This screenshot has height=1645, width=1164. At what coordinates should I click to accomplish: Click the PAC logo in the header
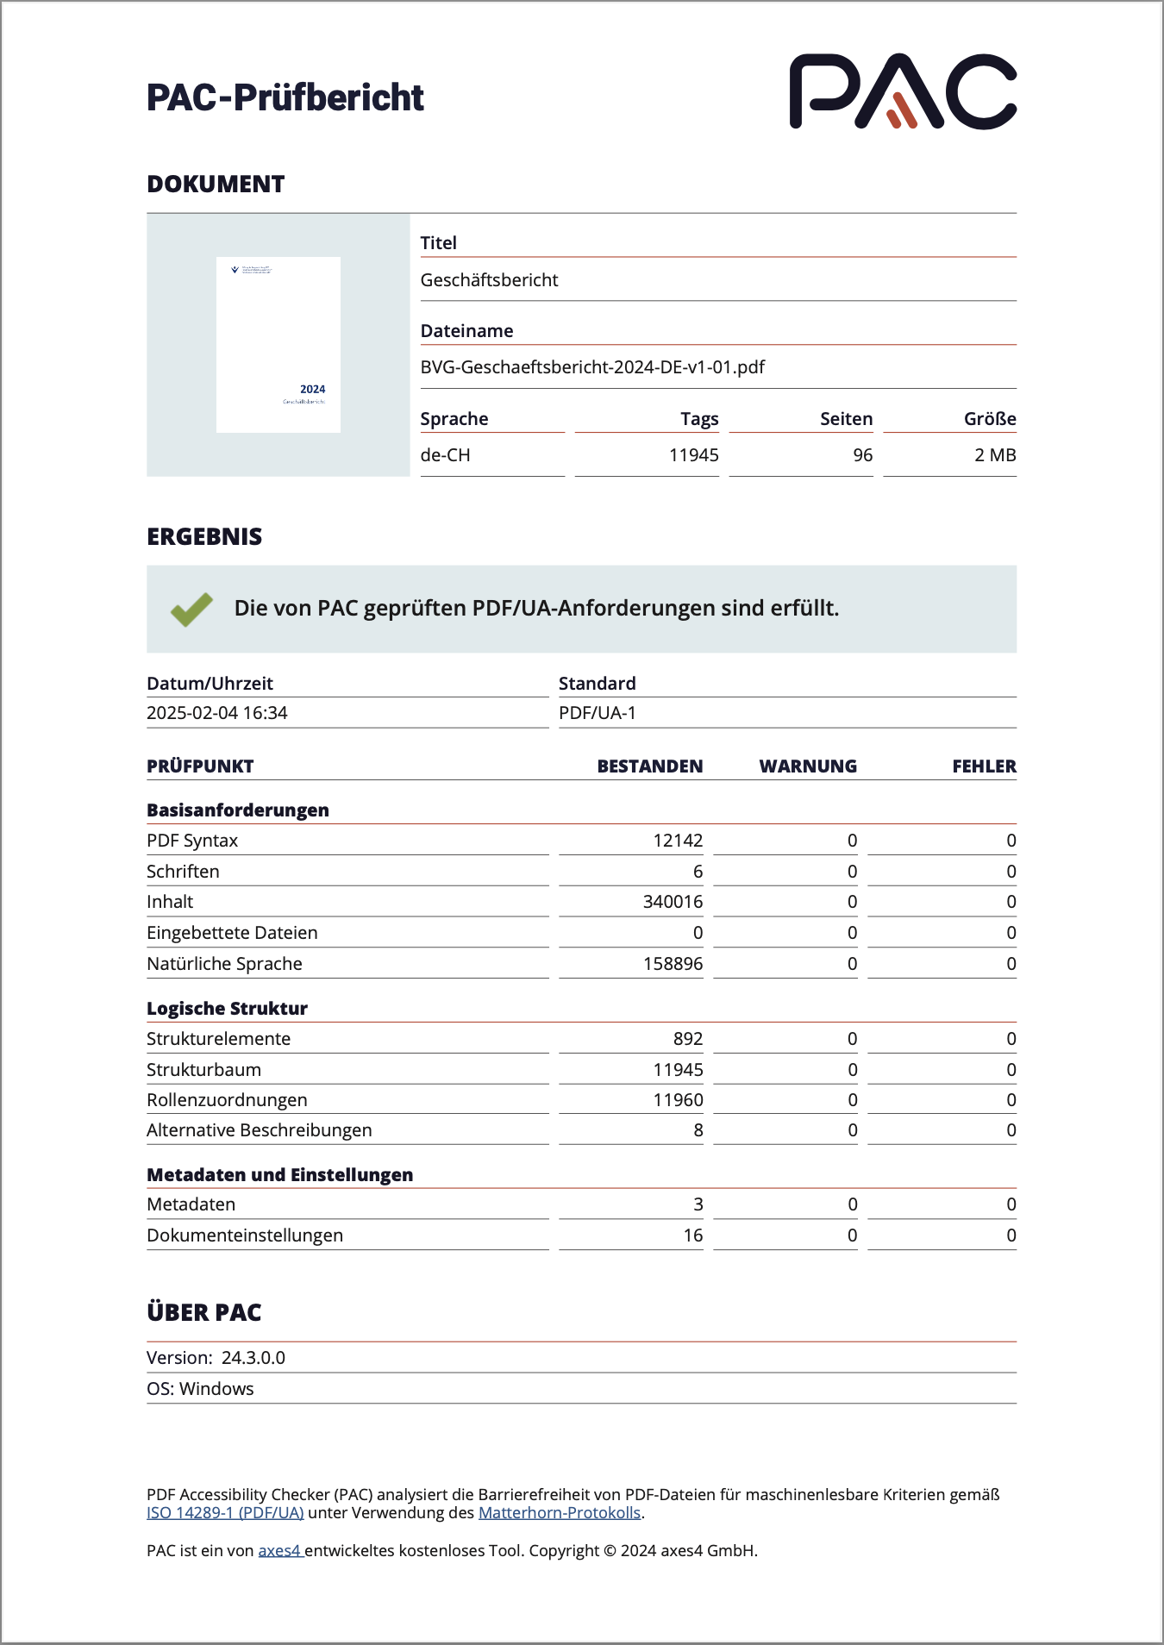pos(903,91)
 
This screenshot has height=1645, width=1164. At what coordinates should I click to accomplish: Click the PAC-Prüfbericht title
pos(285,97)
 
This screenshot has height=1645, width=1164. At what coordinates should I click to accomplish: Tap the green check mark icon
pos(191,609)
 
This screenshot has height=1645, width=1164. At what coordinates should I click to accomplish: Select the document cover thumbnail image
pos(278,345)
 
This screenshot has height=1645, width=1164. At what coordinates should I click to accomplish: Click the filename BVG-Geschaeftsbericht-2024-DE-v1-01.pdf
pos(592,367)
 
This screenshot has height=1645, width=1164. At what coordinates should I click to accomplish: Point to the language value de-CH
pos(445,455)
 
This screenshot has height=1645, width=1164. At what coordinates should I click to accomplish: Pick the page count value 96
pos(862,455)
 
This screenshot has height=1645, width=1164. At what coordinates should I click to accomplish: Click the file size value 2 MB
pos(995,455)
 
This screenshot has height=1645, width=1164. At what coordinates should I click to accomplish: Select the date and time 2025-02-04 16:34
pos(217,713)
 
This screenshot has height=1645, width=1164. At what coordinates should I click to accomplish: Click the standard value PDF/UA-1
pos(598,713)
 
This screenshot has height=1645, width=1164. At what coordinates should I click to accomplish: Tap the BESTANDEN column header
pos(650,766)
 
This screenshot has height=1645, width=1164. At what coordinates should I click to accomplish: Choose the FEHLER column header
pos(984,766)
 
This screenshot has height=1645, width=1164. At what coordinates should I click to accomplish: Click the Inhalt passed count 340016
pos(673,902)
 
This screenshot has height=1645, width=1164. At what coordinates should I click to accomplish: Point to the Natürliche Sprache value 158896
pos(673,964)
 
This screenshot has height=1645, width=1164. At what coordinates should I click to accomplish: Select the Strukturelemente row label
pos(219,1039)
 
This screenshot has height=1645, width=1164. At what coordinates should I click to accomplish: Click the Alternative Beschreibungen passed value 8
pos(698,1130)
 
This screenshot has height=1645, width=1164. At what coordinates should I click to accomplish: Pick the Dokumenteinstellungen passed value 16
pos(693,1235)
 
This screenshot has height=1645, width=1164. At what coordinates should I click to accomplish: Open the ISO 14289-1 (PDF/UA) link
pos(225,1513)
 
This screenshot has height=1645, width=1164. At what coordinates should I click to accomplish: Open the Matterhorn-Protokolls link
pos(560,1513)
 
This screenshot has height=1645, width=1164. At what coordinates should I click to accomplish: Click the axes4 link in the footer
pos(279,1551)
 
